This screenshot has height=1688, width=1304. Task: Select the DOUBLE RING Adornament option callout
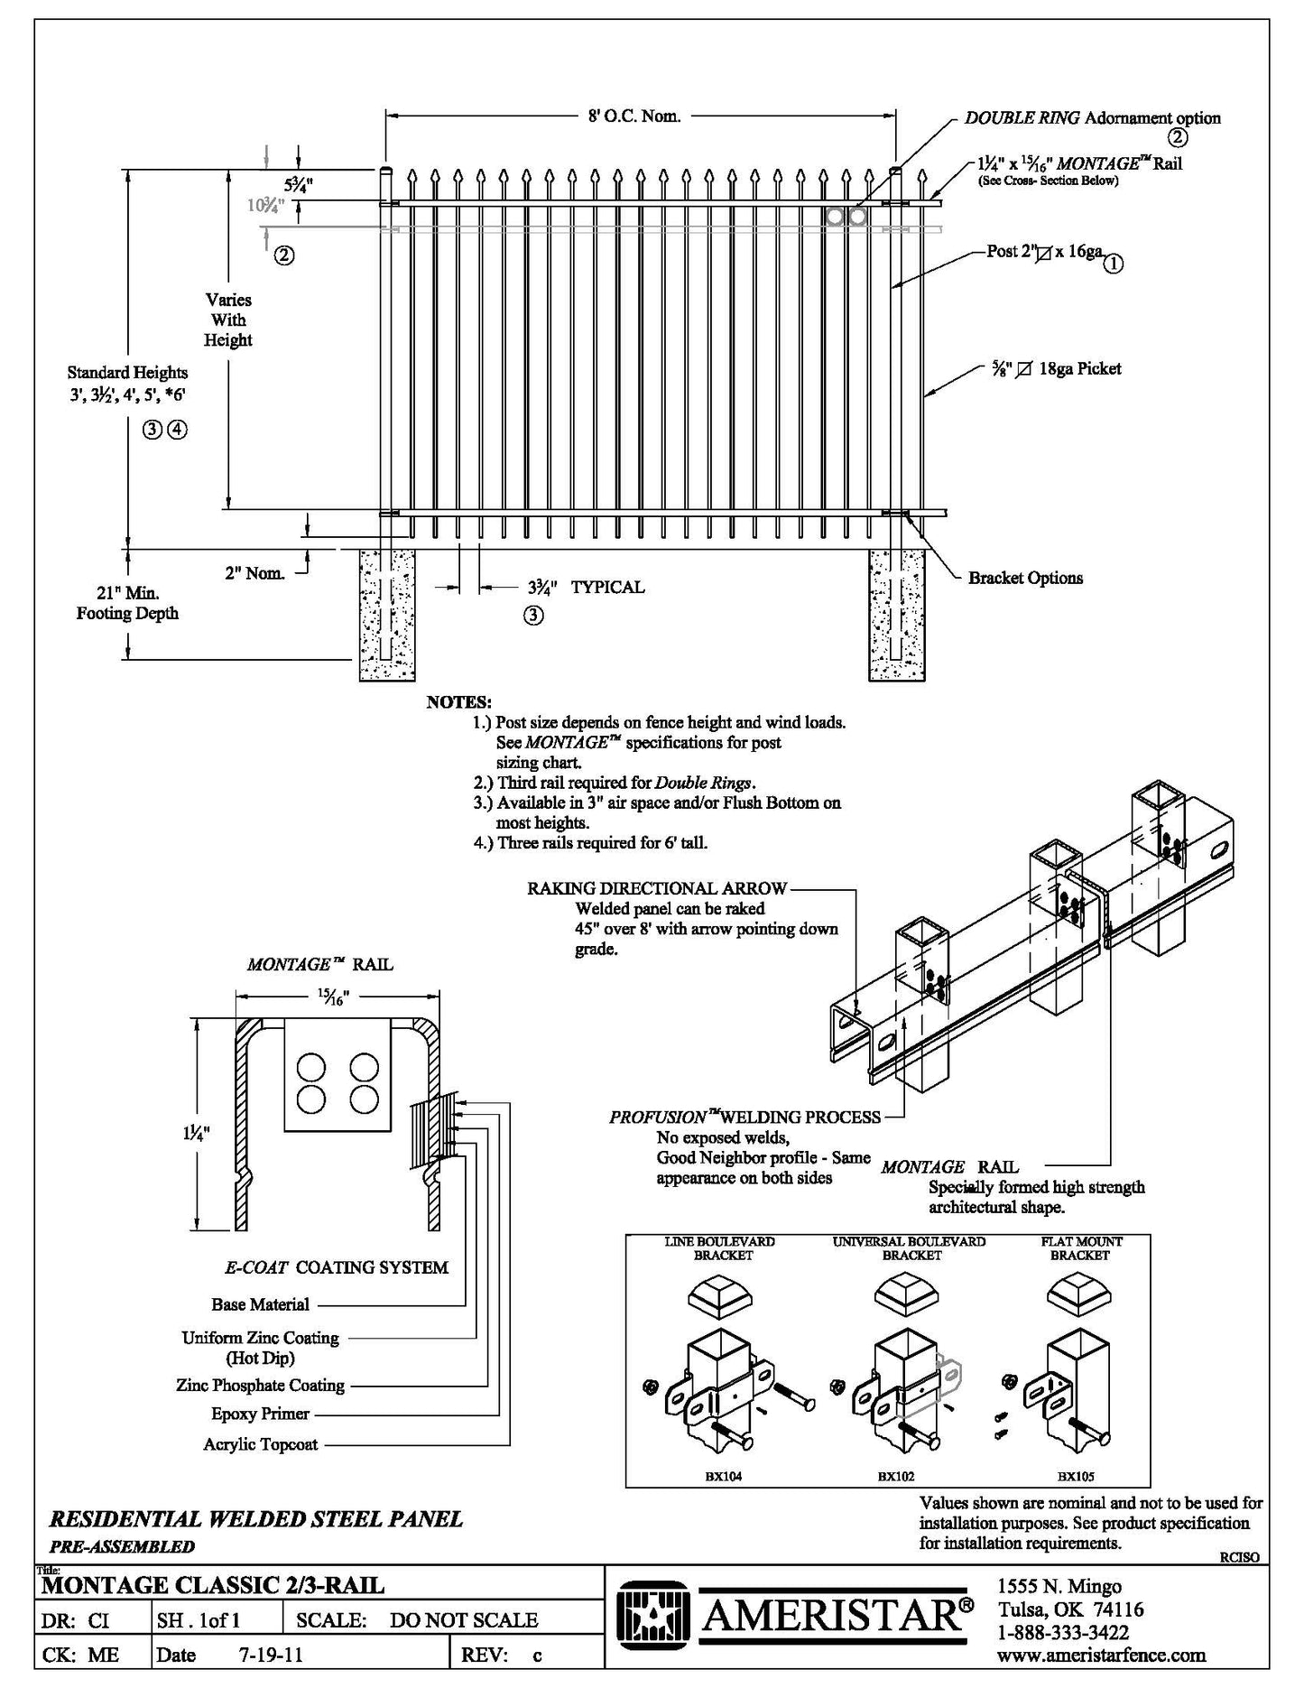click(x=1092, y=118)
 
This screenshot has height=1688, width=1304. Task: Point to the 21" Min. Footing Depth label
click(x=127, y=603)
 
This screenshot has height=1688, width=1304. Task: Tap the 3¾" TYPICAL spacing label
click(x=586, y=588)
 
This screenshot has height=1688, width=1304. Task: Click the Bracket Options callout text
click(x=1025, y=579)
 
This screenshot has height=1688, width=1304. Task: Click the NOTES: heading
click(x=458, y=702)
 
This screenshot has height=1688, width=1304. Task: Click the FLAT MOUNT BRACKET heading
click(x=1079, y=1248)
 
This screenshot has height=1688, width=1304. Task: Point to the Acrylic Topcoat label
click(x=260, y=1444)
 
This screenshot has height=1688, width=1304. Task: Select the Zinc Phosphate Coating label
click(x=260, y=1385)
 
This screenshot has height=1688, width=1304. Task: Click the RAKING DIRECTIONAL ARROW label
click(x=657, y=889)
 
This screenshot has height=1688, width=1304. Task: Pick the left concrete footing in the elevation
click(x=388, y=616)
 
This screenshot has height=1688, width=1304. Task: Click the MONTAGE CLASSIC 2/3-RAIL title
click(x=213, y=1584)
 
